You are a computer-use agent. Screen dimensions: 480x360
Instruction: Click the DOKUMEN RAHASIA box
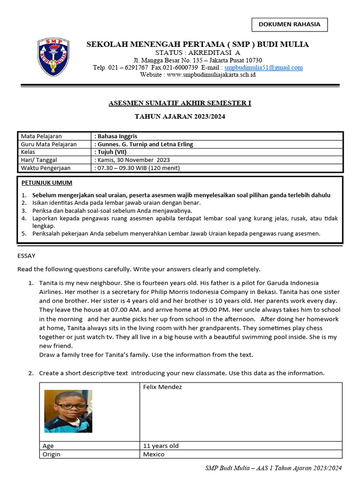[290, 24]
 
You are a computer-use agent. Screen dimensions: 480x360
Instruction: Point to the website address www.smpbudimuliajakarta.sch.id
[211, 75]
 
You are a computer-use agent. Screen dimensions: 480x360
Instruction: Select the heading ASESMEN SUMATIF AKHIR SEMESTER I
[180, 103]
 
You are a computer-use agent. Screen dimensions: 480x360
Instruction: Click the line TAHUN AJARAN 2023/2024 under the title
[180, 116]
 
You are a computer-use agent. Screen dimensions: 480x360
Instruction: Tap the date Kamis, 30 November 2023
[133, 160]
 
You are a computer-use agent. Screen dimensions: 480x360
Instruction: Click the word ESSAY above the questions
[26, 256]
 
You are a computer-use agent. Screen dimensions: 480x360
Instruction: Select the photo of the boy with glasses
[68, 411]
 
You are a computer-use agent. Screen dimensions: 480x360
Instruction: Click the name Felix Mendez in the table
[163, 387]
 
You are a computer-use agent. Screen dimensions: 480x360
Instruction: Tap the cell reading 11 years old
[161, 446]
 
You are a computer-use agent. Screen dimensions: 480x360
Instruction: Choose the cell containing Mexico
[154, 454]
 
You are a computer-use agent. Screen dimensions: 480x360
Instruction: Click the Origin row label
[52, 454]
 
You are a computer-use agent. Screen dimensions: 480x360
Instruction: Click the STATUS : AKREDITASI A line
[197, 52]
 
